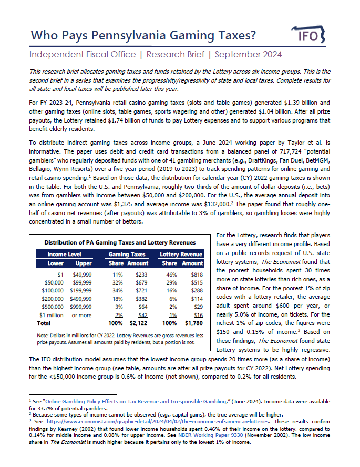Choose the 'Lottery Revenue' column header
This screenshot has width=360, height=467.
181,253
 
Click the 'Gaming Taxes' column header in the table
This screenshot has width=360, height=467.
127,253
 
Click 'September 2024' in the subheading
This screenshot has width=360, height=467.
248,54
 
